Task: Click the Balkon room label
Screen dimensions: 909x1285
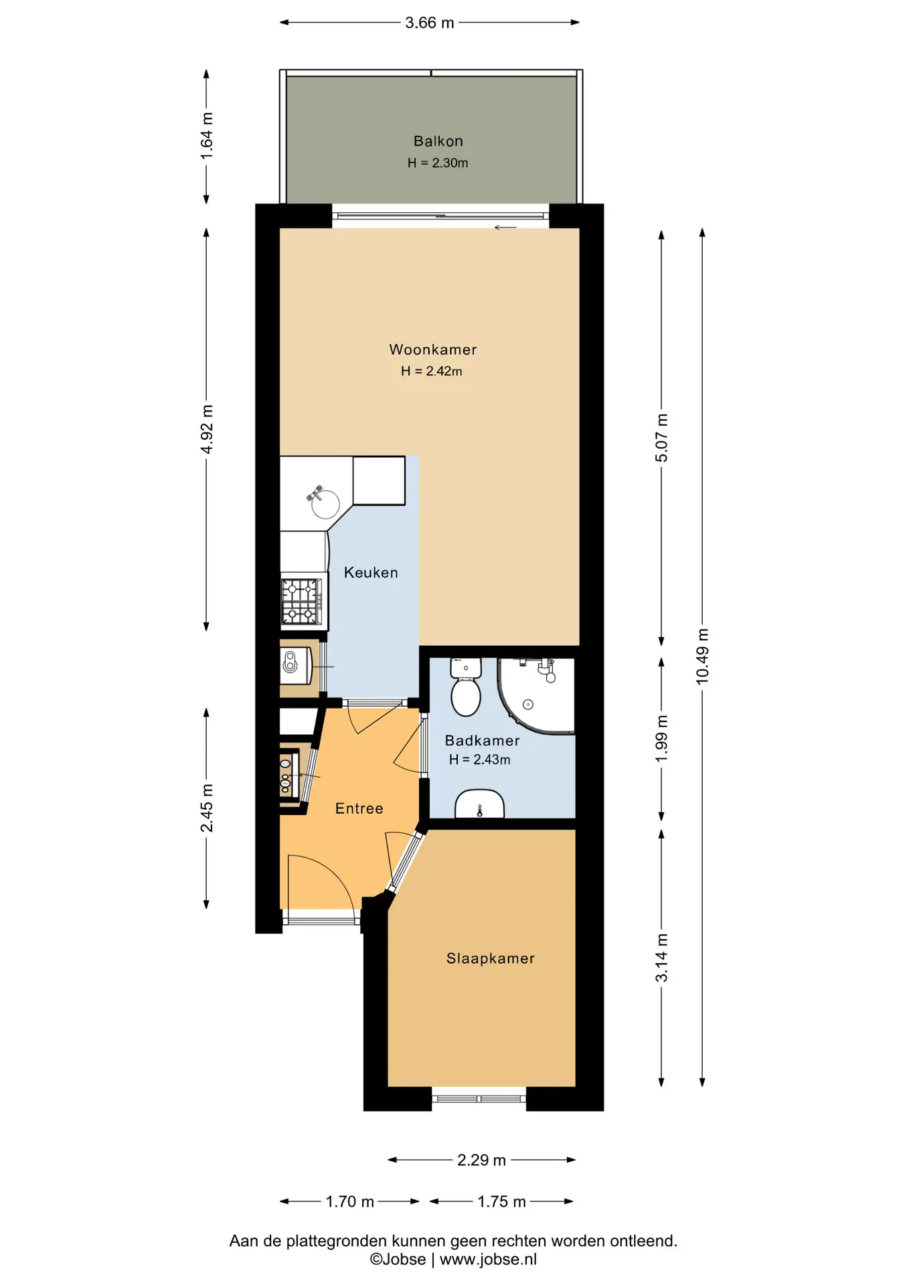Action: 438,141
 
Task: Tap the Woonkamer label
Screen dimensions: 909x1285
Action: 433,349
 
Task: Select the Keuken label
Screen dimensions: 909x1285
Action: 371,572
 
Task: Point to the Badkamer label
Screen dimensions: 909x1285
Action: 482,740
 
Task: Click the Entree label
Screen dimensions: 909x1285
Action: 359,808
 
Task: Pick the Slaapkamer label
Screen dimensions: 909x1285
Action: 491,958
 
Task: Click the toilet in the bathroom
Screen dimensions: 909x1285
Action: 466,688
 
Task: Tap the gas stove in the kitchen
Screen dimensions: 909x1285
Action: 302,602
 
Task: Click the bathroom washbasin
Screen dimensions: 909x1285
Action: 479,804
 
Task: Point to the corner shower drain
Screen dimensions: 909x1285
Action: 528,704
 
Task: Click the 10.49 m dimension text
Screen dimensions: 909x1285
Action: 702,656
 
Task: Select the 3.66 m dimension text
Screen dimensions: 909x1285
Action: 430,23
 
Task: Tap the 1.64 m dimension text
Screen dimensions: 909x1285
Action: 207,136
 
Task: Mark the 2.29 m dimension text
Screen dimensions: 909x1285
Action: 481,1160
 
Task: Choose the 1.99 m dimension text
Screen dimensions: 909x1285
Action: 661,738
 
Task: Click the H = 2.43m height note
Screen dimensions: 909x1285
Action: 479,760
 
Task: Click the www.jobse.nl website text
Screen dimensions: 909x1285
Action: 489,1260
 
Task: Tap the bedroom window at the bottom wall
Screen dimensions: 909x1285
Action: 479,1098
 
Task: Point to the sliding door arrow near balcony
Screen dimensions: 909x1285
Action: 505,228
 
